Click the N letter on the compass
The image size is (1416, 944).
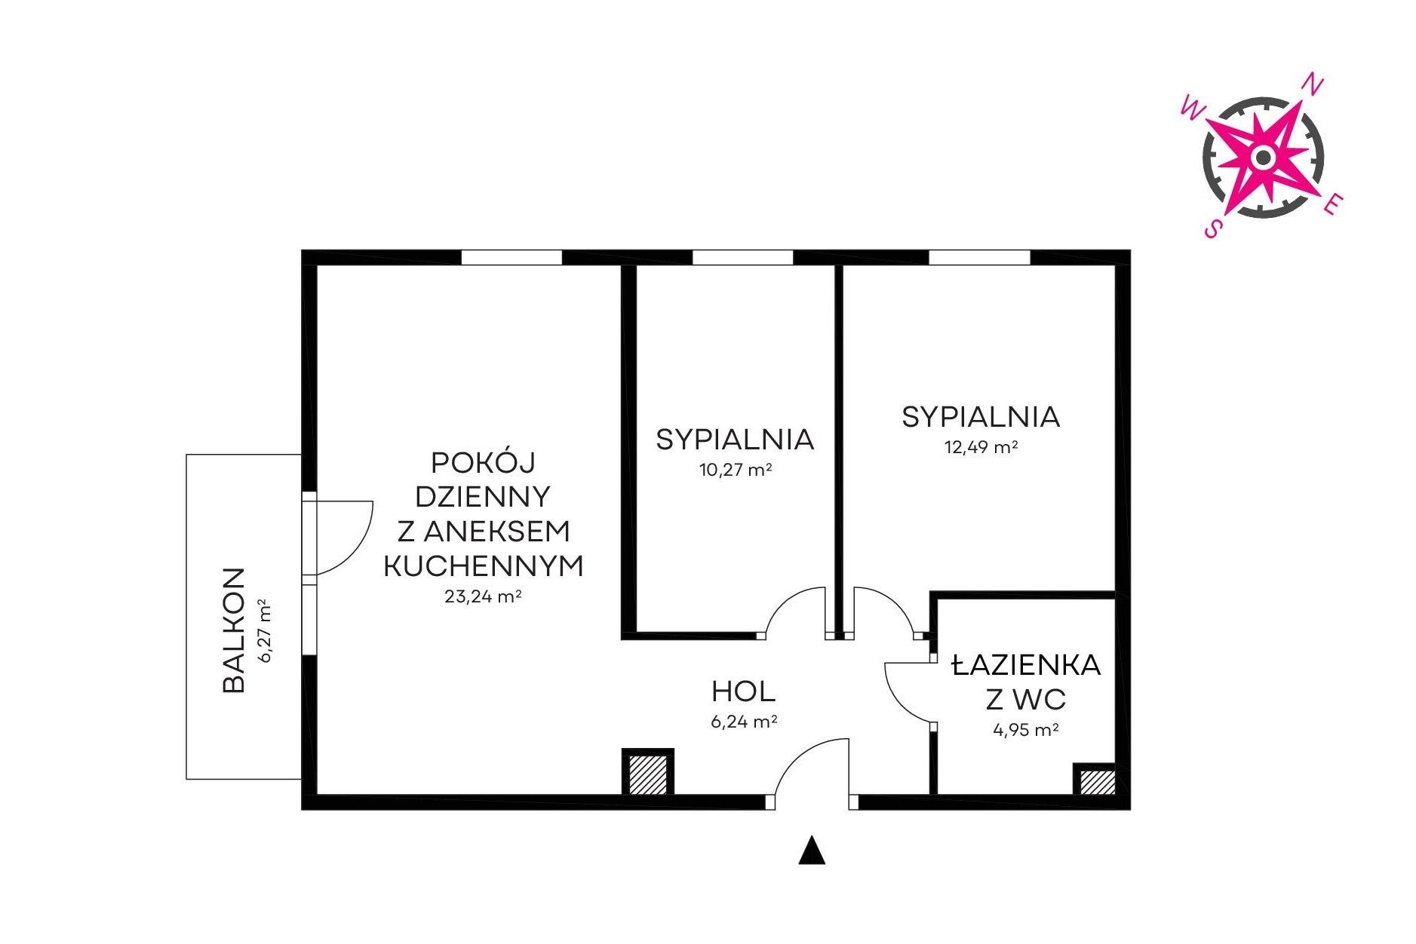[1313, 84]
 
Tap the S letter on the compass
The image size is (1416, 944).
[1212, 228]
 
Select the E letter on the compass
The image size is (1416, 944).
[1333, 204]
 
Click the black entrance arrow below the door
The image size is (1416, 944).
[812, 850]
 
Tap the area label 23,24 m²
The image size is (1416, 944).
[483, 596]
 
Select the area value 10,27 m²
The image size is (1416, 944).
[735, 470]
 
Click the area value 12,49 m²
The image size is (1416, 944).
[981, 447]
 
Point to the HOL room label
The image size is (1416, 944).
[743, 691]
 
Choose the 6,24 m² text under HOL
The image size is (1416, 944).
[744, 722]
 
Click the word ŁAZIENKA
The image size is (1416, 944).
[1026, 664]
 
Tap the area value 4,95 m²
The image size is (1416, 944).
[1025, 730]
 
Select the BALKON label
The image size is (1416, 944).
[234, 630]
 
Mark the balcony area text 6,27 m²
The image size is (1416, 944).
[264, 630]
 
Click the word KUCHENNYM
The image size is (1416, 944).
[484, 566]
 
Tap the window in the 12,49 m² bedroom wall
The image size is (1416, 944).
[979, 257]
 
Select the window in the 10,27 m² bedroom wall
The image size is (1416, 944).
[743, 257]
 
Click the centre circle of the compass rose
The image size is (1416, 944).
[1263, 158]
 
